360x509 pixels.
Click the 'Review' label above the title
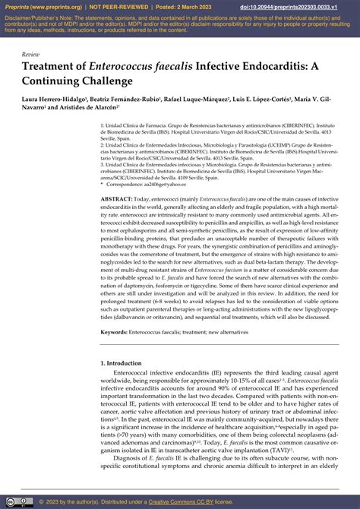tap(31, 55)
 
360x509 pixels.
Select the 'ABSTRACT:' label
tap(116, 198)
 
